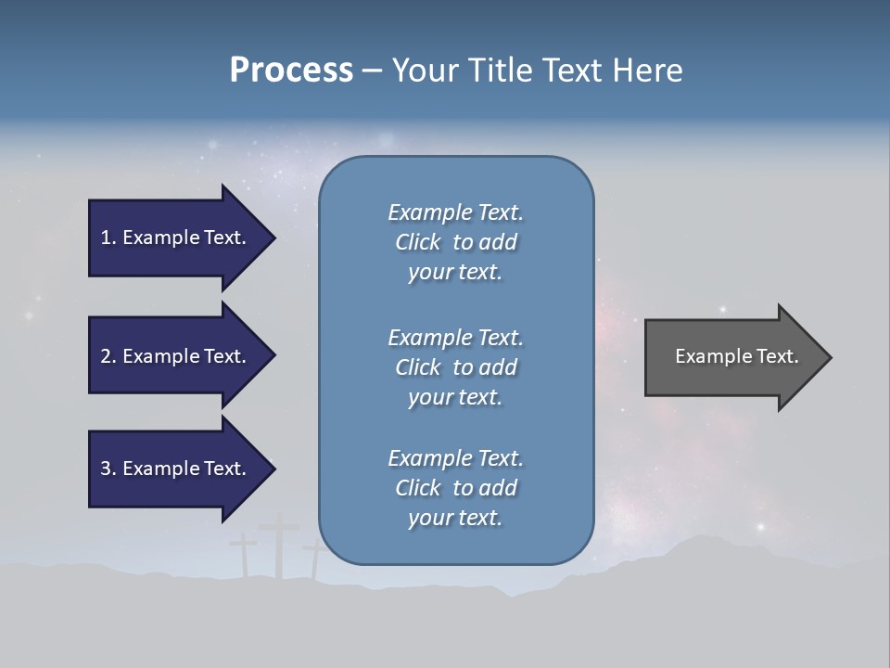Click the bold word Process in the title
pos(291,71)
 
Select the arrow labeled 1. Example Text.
pos(176,238)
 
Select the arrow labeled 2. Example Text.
pos(176,356)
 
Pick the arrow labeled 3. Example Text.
pos(176,469)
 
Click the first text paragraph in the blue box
pos(455,242)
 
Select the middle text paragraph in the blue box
pos(455,367)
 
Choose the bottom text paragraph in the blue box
pos(455,488)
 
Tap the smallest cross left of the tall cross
pos(244,553)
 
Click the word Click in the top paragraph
pos(417,242)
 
